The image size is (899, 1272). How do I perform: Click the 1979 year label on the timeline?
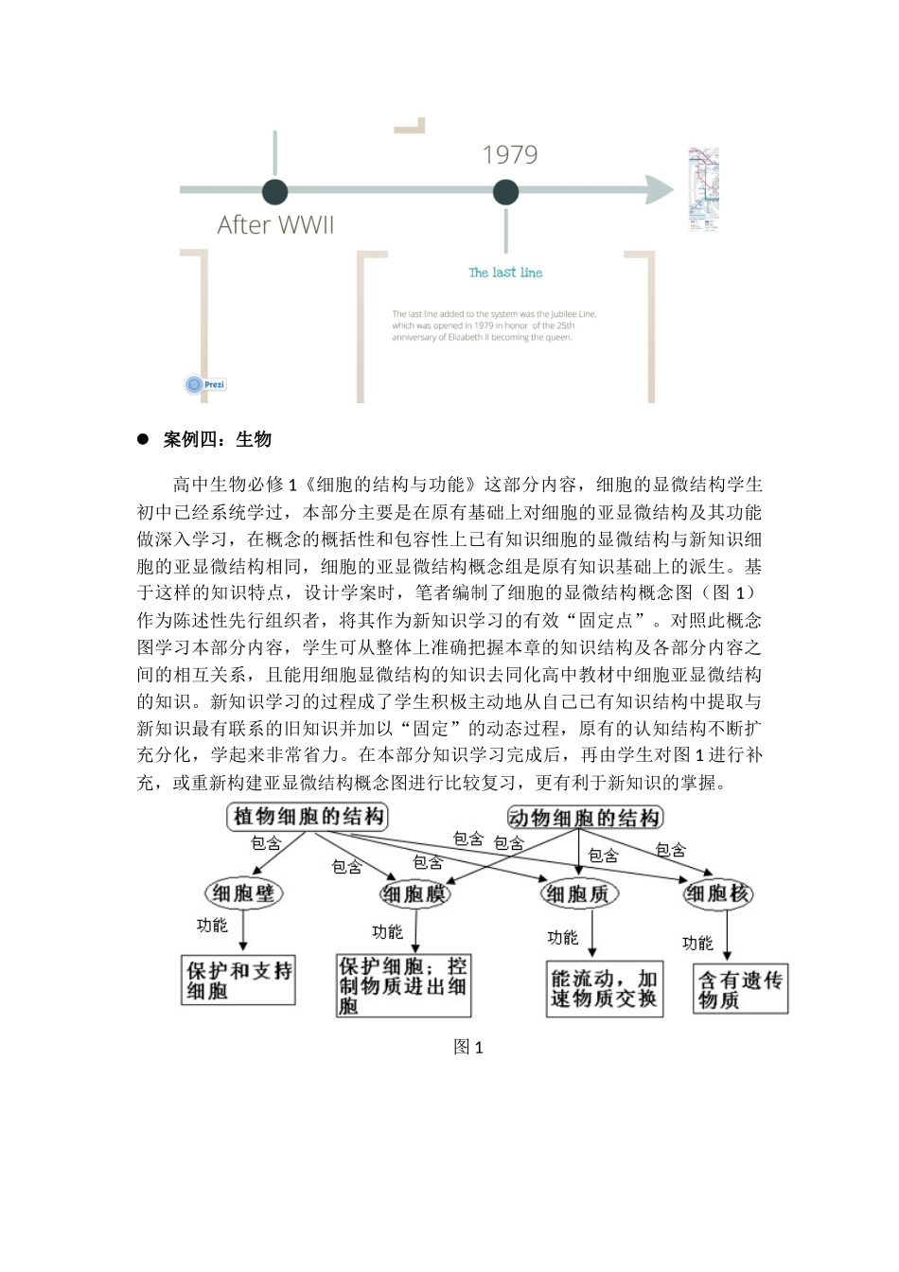click(x=510, y=155)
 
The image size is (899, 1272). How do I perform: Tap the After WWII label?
click(x=275, y=225)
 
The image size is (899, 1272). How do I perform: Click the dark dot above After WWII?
click(x=274, y=191)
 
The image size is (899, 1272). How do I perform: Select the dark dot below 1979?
click(x=505, y=192)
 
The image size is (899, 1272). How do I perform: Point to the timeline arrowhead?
click(x=661, y=190)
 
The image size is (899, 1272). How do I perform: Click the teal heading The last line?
click(x=505, y=273)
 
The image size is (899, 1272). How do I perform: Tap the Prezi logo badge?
click(x=205, y=384)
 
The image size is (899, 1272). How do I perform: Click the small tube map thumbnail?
click(x=702, y=189)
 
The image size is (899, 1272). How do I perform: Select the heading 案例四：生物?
click(x=218, y=439)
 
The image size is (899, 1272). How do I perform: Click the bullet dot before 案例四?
click(x=144, y=439)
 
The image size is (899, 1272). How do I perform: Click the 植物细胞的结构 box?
click(x=308, y=817)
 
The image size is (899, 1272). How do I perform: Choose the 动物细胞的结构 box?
click(x=585, y=818)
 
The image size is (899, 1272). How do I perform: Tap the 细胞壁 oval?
click(x=243, y=892)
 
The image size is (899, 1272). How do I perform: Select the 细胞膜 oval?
click(x=414, y=893)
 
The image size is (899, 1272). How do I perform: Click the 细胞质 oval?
click(x=578, y=893)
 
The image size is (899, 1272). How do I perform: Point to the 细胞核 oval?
click(x=718, y=893)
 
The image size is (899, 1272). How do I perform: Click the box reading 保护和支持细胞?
click(x=238, y=980)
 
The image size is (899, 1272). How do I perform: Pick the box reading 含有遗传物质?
click(x=741, y=989)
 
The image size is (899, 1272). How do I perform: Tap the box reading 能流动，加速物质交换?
click(x=604, y=989)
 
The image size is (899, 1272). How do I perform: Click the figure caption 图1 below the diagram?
click(x=468, y=1047)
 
